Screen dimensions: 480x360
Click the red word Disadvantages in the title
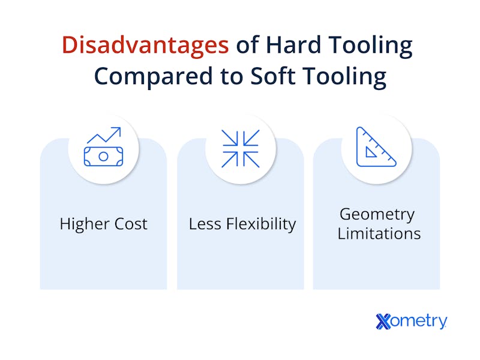point(145,45)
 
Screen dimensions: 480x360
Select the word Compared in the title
point(153,77)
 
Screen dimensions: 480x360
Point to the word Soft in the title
point(273,76)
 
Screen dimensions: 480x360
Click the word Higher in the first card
point(85,224)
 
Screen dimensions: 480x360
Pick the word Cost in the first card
point(131,224)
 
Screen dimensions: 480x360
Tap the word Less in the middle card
point(205,224)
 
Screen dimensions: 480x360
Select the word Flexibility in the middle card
point(261,224)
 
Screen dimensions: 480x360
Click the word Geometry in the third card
point(377,215)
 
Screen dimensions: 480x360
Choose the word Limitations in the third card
point(379,233)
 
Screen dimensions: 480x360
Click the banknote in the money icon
point(103,157)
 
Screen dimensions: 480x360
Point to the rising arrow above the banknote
point(104,135)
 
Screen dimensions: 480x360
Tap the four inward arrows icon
point(241,149)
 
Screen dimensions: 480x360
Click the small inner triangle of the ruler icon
point(370,152)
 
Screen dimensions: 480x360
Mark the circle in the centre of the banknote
point(103,157)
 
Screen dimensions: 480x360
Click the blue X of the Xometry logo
point(383,322)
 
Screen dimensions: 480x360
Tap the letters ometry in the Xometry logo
point(419,322)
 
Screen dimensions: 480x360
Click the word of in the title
point(247,44)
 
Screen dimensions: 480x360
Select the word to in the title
point(231,76)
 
